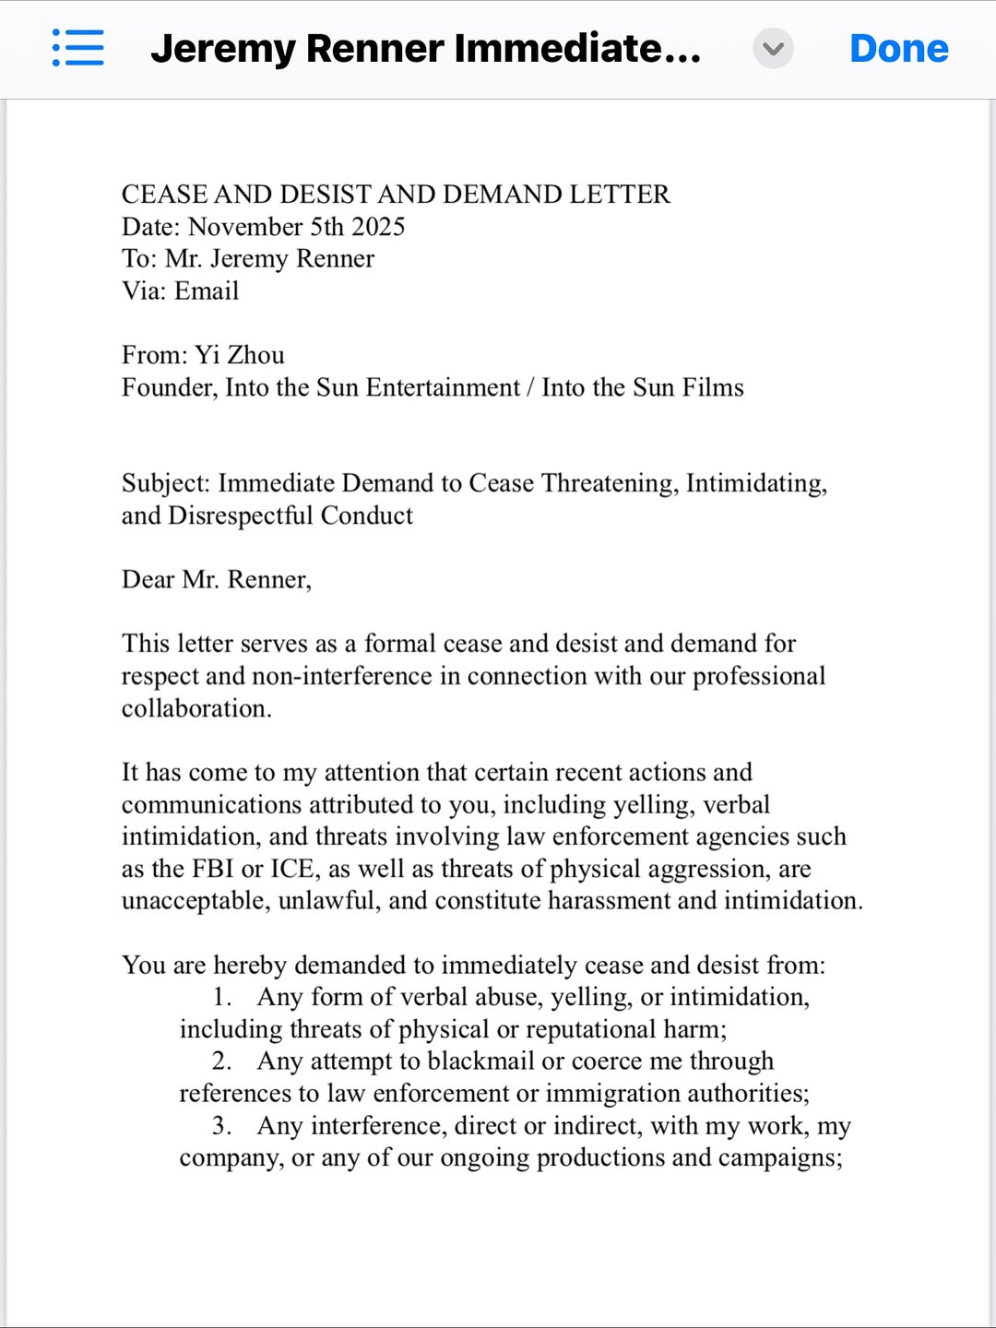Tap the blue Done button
898,48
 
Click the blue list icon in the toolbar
78,48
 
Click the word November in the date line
245,227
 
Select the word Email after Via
207,291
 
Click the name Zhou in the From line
255,355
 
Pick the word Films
712,387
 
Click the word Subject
165,484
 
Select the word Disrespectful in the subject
241,516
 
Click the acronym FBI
212,869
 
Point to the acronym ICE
292,869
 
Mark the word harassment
608,900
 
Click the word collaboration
196,708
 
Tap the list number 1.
220,997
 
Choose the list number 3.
220,1126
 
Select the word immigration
604,1094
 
